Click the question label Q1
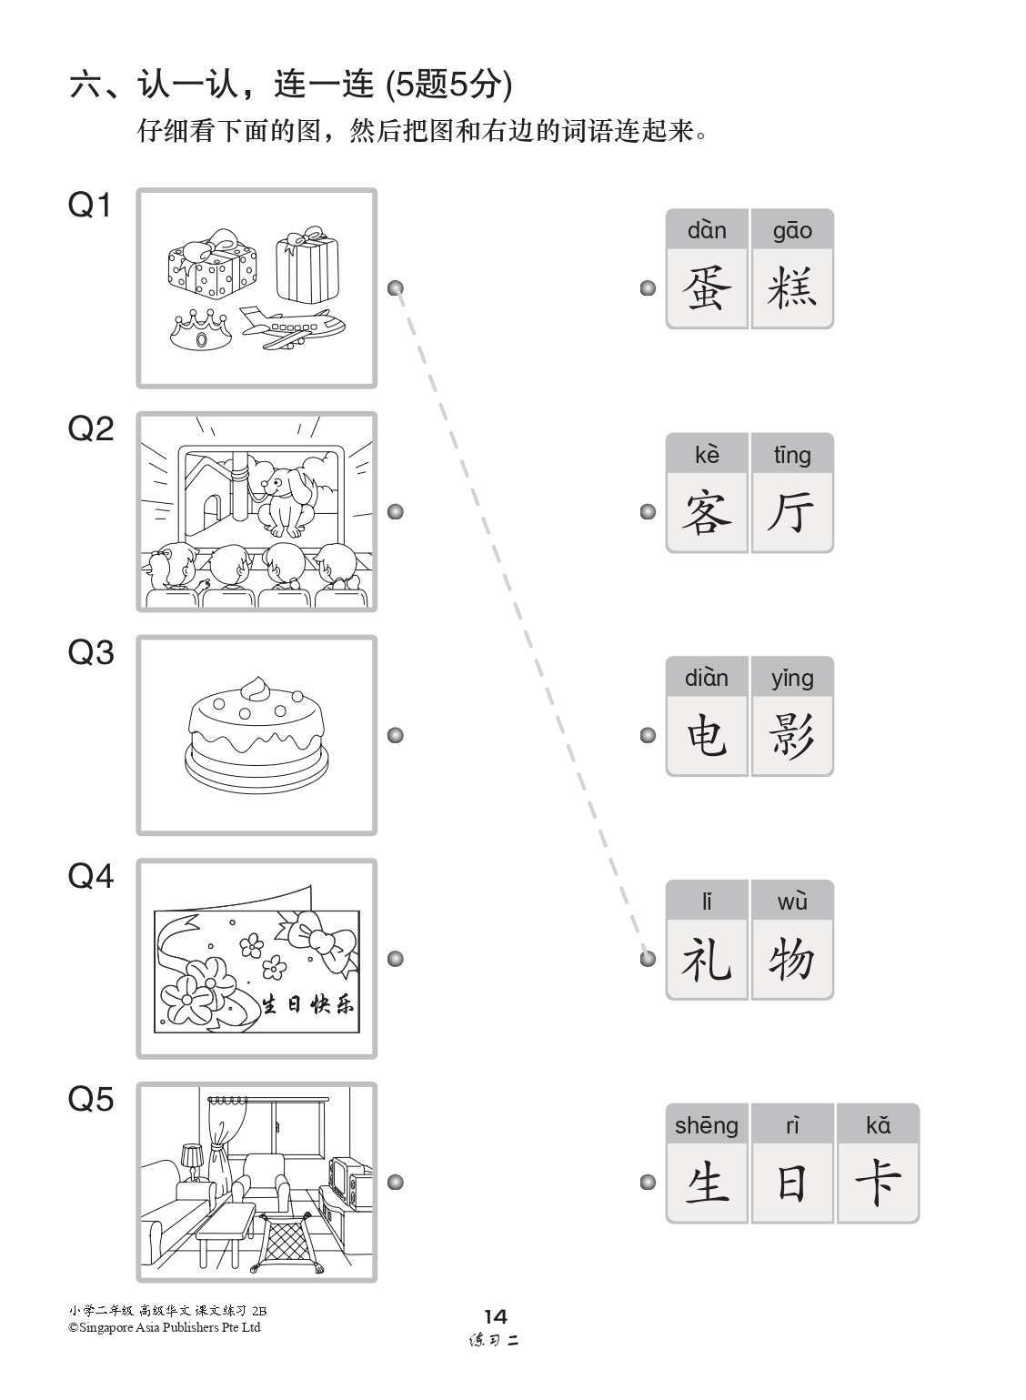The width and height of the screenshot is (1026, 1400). (x=90, y=206)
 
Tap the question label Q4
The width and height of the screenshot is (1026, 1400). (x=90, y=877)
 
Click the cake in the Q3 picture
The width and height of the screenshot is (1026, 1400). (x=256, y=736)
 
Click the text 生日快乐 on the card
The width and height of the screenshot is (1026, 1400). (x=308, y=1005)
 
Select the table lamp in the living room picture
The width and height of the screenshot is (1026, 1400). (x=192, y=1159)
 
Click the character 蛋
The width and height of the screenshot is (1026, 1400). (x=707, y=288)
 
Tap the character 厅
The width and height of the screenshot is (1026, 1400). (x=791, y=512)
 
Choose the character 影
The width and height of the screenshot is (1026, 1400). (x=791, y=736)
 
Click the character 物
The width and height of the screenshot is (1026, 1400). (x=791, y=960)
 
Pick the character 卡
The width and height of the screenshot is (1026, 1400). (x=877, y=1183)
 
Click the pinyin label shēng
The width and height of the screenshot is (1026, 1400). (x=707, y=1126)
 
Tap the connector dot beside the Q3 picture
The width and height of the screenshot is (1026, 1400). (x=396, y=735)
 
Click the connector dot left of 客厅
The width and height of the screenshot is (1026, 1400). (x=648, y=512)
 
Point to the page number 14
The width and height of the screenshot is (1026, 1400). (x=496, y=1316)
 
